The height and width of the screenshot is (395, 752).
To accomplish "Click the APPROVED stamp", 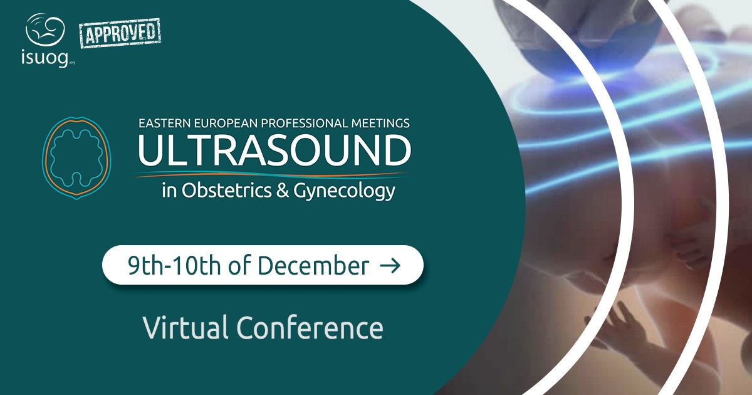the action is [120, 33].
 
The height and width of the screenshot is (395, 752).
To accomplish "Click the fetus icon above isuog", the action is [45, 29].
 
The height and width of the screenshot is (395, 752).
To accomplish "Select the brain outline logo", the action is [76, 158].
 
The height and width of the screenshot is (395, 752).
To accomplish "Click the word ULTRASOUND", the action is [274, 150].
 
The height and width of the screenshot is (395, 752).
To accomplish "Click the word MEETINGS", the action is [380, 124].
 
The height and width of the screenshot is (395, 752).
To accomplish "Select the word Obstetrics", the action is [227, 190].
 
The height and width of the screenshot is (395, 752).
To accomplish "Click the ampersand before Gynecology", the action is [283, 191].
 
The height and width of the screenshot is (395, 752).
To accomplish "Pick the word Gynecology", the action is [344, 192].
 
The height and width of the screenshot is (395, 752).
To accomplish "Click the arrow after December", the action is [390, 265].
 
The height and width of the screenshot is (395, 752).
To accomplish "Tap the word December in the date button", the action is [313, 265].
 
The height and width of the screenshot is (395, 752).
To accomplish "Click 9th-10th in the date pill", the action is [174, 265].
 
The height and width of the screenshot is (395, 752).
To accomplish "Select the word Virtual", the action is [185, 327].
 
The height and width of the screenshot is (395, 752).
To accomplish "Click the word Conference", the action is [310, 327].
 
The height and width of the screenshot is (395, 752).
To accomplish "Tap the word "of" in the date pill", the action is [239, 265].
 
